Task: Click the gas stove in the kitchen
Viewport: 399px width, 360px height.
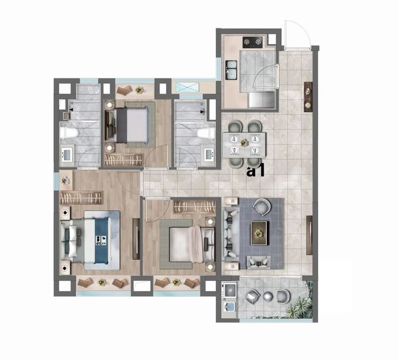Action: pos(253,42)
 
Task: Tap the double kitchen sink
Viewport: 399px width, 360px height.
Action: pos(232,69)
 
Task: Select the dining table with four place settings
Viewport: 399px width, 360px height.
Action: pos(244,144)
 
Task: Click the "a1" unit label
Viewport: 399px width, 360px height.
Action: pos(256,170)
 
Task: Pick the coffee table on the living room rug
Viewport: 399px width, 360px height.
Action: pos(259,233)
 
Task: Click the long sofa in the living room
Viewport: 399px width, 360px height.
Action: pos(230,234)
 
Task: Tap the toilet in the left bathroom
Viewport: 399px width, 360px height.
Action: pos(69,133)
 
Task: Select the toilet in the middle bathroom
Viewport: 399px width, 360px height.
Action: pos(206,133)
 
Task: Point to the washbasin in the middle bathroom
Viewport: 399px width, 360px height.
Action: pos(209,154)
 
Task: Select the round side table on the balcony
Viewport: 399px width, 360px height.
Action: pos(268,296)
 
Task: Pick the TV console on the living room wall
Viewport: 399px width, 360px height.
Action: pos(310,235)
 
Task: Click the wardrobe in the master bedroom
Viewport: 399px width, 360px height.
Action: pos(81,198)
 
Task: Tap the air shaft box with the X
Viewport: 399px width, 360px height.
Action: pos(187,87)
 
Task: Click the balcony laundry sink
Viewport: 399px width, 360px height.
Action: pos(230,307)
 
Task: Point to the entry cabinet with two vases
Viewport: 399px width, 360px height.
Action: pos(308,97)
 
